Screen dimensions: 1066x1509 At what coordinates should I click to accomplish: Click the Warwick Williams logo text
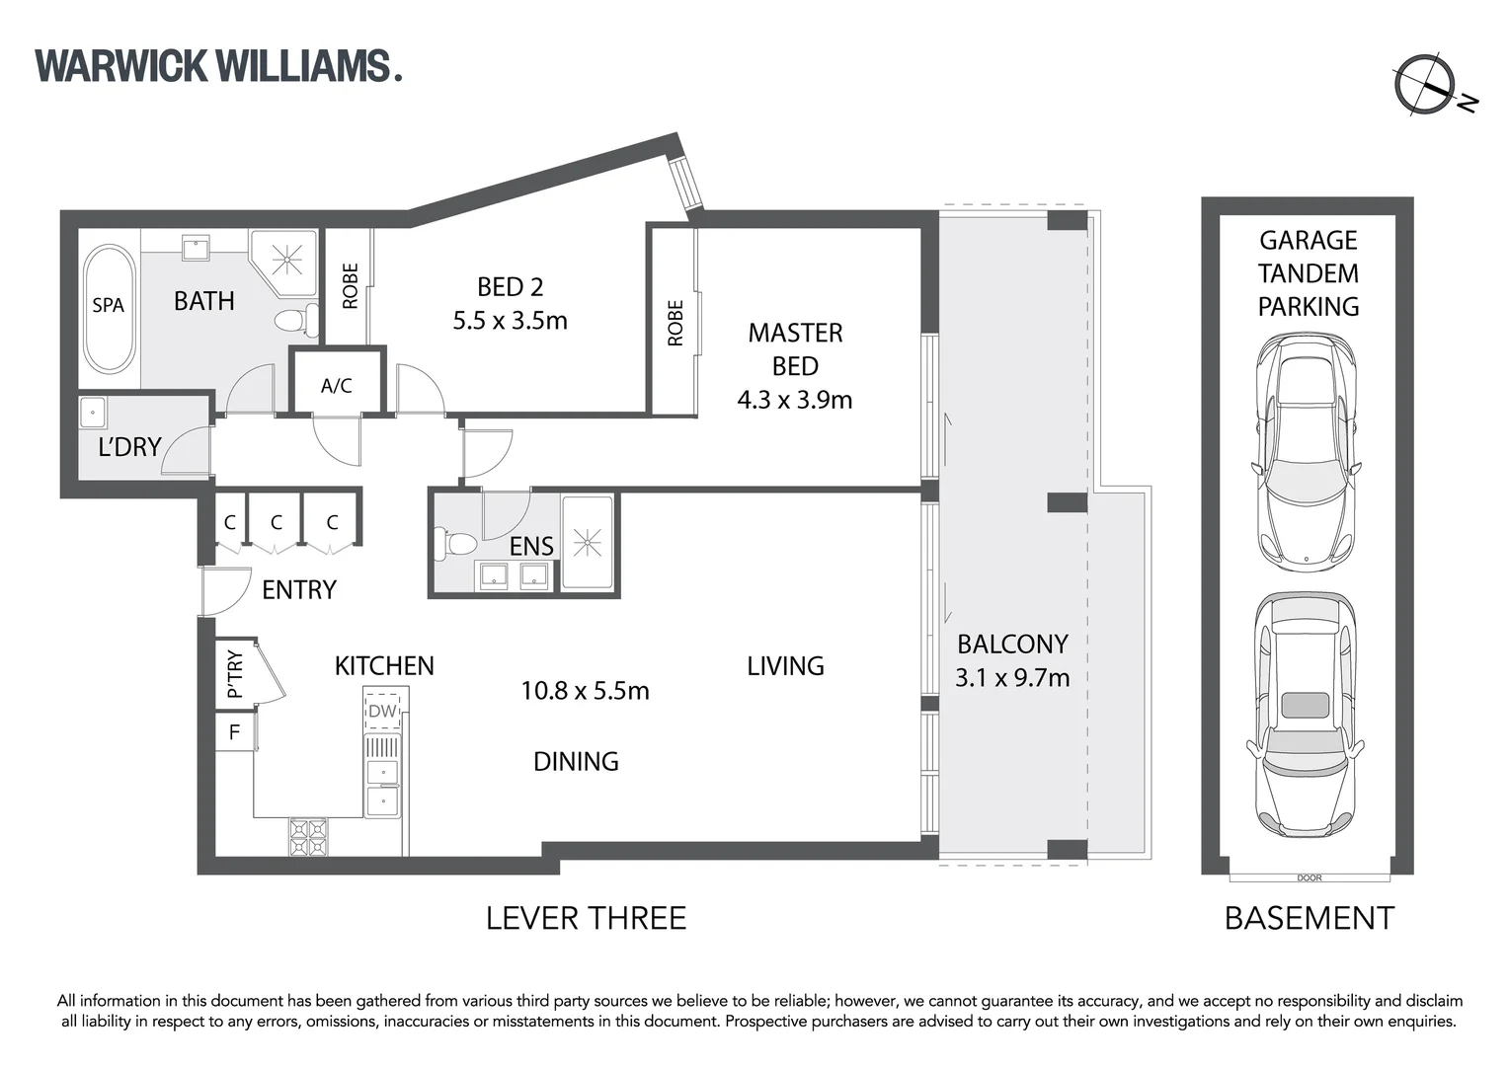(x=218, y=66)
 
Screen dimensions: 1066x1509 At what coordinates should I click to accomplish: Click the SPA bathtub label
(x=109, y=305)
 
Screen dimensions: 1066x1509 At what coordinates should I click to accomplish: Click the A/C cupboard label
(x=336, y=386)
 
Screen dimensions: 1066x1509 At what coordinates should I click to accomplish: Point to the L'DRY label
(x=129, y=447)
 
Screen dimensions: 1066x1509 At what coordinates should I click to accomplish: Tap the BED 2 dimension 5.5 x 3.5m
(x=510, y=321)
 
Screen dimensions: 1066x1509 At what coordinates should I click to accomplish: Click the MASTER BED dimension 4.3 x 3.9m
(x=794, y=400)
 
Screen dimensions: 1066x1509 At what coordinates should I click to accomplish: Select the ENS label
(x=531, y=546)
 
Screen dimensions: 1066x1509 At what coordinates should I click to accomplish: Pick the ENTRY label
(x=299, y=590)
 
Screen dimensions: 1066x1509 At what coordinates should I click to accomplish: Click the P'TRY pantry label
(x=235, y=674)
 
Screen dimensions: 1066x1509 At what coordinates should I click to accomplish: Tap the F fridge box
(x=234, y=732)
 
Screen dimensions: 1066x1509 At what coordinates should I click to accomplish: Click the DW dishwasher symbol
(x=382, y=711)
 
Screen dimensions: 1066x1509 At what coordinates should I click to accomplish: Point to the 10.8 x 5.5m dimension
(x=585, y=691)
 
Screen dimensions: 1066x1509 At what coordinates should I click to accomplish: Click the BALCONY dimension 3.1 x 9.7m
(x=1012, y=678)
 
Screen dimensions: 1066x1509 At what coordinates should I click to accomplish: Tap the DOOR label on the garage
(x=1309, y=877)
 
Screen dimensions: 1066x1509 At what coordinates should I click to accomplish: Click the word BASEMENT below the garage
(x=1309, y=918)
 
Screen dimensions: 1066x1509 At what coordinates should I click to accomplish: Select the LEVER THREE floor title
(x=586, y=918)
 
